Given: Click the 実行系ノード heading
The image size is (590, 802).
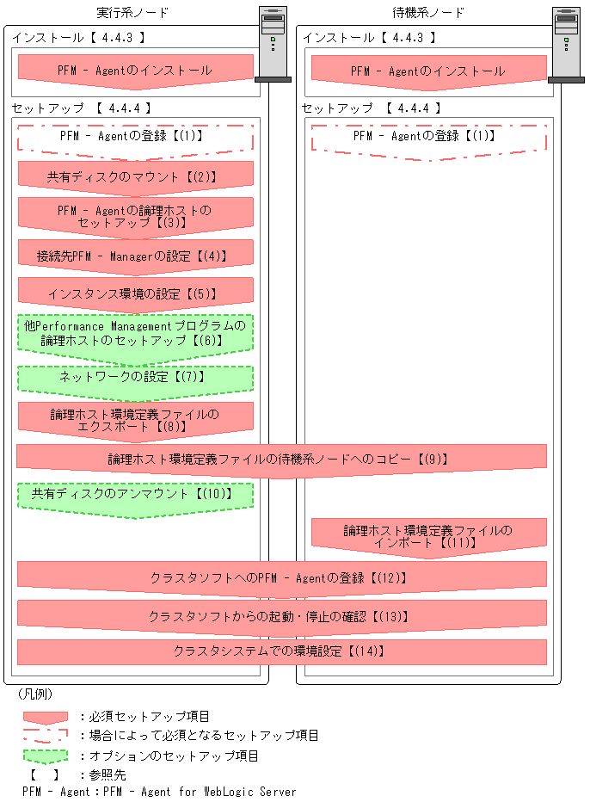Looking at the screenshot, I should click(x=132, y=13).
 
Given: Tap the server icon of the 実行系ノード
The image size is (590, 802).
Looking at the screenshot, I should click(x=272, y=44).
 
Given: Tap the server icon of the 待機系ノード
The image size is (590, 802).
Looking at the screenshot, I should click(x=564, y=44).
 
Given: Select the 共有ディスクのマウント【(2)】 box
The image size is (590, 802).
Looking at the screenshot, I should click(x=136, y=176).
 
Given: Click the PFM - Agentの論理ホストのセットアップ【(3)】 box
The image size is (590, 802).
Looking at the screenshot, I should click(x=136, y=215).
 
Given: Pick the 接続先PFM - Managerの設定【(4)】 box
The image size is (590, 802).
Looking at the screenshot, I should click(x=136, y=256).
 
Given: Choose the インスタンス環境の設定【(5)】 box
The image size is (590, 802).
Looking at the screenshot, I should click(x=136, y=293).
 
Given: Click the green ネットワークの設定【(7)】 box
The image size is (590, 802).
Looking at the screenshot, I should click(x=136, y=378).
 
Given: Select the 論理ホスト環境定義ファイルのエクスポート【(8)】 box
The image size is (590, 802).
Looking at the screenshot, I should click(x=136, y=420).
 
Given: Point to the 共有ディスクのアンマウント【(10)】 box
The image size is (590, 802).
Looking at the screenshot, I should click(x=136, y=496).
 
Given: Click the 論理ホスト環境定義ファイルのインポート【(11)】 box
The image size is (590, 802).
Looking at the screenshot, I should click(x=428, y=536).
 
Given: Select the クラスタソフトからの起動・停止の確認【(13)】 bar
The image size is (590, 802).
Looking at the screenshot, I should click(x=281, y=616).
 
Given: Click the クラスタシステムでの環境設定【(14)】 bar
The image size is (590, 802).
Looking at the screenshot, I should click(x=281, y=651).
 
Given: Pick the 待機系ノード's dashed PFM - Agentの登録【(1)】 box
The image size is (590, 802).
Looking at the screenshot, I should click(x=428, y=137).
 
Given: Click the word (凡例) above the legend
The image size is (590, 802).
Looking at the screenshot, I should click(x=36, y=694).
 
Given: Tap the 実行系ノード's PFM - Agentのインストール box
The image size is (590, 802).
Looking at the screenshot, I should click(x=136, y=70).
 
